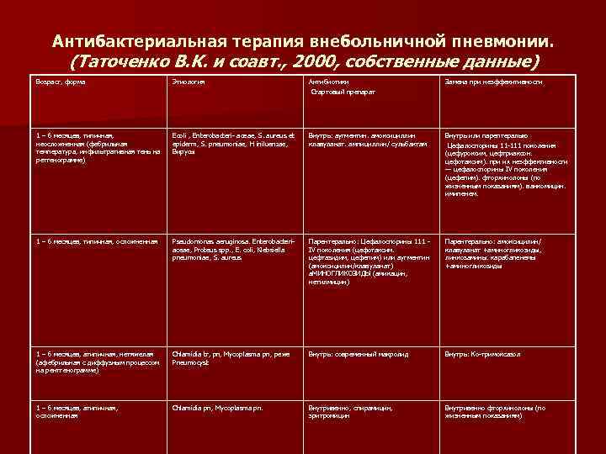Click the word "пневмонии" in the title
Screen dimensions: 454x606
click(x=498, y=40)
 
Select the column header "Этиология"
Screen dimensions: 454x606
click(x=188, y=82)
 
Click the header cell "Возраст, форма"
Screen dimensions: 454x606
click(x=61, y=82)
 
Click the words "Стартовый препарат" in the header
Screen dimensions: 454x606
click(x=343, y=91)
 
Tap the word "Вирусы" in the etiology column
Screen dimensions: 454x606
click(x=183, y=151)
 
